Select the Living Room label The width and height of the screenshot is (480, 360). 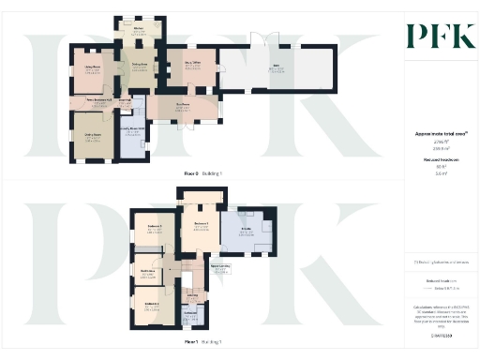(93, 67)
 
